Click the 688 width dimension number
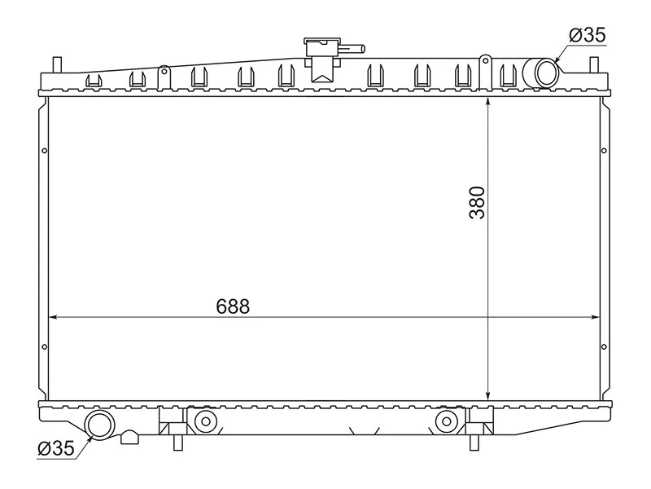click(x=233, y=306)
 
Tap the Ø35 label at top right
click(x=588, y=35)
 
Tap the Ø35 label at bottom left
click(x=56, y=447)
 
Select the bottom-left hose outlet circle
click(x=100, y=425)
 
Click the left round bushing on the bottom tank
click(x=203, y=421)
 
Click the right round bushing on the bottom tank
click(x=445, y=421)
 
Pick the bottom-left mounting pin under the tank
click(x=177, y=443)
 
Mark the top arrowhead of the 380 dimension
click(x=487, y=102)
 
